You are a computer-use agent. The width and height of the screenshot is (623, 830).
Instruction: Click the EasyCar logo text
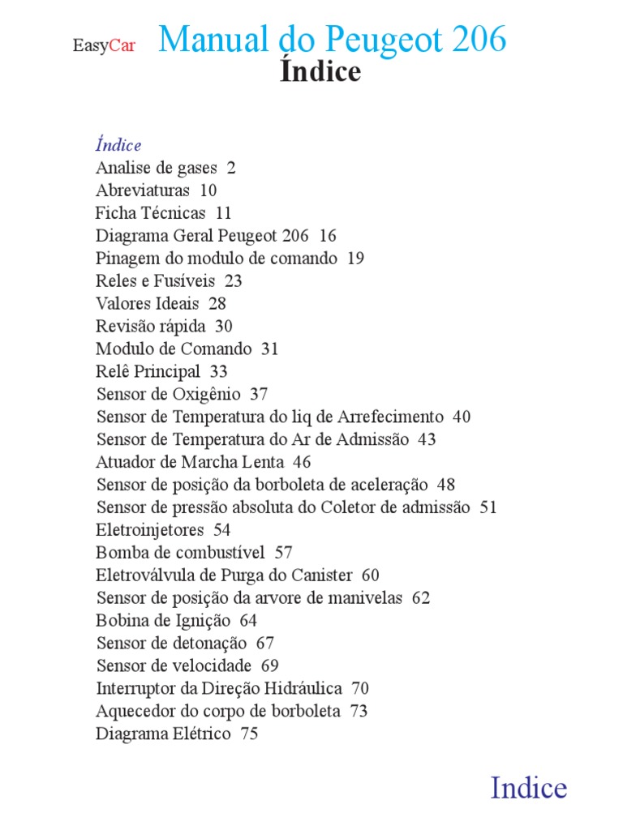coord(104,46)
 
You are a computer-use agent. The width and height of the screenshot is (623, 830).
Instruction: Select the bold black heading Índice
coord(320,72)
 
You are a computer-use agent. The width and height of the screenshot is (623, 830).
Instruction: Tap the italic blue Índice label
coord(118,145)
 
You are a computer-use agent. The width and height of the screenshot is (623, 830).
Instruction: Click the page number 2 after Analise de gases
coord(231,169)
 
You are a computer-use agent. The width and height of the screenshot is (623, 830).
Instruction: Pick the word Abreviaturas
coord(143,190)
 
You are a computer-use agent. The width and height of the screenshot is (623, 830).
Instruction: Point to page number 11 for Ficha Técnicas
coord(223,213)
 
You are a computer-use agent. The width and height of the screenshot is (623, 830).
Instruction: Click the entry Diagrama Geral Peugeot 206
coord(202,236)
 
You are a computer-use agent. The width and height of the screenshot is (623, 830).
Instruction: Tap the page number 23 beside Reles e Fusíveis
coord(234,281)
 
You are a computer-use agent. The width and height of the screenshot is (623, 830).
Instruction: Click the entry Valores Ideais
coord(147,304)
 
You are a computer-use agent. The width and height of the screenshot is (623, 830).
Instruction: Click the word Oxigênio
coord(207,395)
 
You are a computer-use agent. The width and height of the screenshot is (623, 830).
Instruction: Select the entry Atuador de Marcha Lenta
coord(190,463)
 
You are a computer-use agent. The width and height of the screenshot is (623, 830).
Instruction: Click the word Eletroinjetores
coord(150,530)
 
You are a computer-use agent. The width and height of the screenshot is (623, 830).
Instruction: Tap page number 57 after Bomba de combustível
coord(283,553)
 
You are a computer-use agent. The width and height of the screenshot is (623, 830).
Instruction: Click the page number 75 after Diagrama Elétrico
coord(249,734)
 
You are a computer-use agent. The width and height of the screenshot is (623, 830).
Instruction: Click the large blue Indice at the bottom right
coord(528,788)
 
